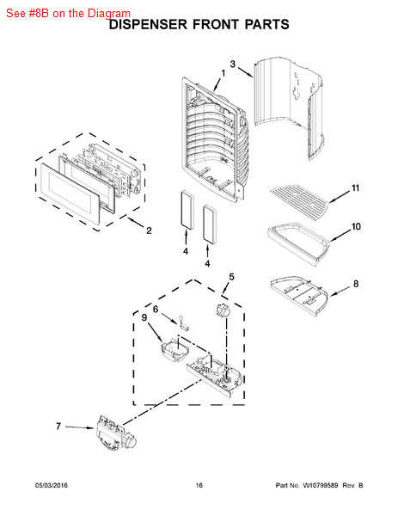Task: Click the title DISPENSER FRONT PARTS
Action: pos(199,26)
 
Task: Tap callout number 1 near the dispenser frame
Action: pos(222,74)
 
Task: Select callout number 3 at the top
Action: pos(232,64)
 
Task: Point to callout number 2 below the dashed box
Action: pos(149,230)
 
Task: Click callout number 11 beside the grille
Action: pos(354,188)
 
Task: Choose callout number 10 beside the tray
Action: pos(355,228)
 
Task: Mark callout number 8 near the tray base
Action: pos(356,284)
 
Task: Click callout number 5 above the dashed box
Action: pos(230,276)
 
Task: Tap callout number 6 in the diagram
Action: pos(156,308)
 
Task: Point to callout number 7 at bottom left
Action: pos(58,426)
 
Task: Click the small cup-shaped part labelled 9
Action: pos(175,350)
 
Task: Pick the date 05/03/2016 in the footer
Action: pos(52,486)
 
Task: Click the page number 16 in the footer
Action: pos(199,486)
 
